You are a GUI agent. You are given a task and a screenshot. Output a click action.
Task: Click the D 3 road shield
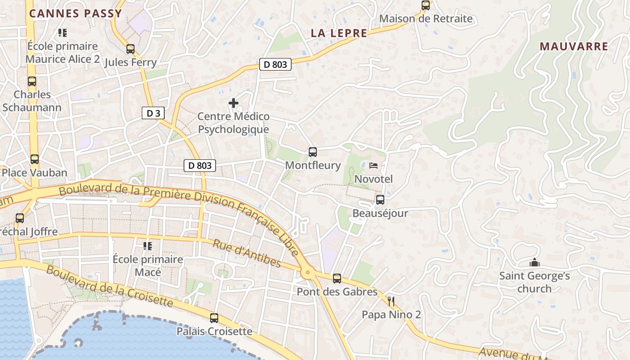pos(153,113)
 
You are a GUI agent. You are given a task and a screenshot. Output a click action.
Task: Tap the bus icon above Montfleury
pos(313,152)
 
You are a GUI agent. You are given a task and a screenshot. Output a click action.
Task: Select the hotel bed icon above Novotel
pos(373,166)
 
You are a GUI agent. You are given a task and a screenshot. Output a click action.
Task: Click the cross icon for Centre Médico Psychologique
pos(234,103)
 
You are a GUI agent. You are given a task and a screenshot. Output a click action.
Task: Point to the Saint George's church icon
pos(534,262)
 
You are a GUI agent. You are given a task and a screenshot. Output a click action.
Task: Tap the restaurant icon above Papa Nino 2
pos(391,301)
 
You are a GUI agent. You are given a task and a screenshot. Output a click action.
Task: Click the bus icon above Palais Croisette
pos(214,318)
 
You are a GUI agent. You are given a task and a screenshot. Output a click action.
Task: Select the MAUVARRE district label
pos(574,46)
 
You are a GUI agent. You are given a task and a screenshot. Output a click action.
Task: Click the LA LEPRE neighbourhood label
pos(339,33)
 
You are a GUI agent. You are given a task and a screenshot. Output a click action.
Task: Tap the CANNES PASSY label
pos(76,13)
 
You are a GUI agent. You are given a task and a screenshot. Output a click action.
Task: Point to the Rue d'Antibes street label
pos(247,253)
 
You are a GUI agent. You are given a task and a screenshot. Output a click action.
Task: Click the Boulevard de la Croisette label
pos(109,286)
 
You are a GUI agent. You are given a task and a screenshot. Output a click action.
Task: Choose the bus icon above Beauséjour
pos(380,199)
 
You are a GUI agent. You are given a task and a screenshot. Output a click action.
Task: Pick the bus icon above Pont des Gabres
pos(337,279)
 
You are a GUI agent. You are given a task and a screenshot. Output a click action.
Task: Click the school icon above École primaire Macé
pos(148,246)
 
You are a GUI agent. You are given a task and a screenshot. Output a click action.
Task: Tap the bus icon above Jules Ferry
pos(130,49)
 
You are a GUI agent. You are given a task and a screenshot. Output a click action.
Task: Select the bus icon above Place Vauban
pos(35,159)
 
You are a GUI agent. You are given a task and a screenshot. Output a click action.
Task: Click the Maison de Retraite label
pos(426,18)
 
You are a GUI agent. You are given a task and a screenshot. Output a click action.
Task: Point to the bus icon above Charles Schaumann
pos(32,81)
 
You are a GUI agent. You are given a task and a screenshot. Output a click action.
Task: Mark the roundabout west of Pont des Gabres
pos(308,272)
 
